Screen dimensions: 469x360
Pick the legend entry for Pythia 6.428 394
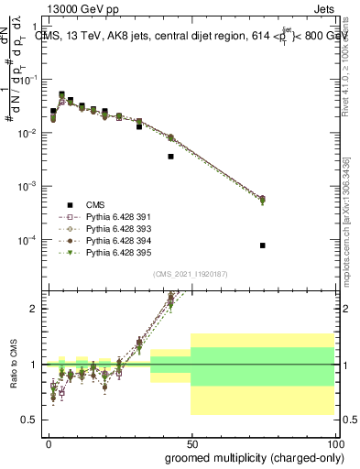(115, 240)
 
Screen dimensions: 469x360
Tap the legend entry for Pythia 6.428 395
(115, 252)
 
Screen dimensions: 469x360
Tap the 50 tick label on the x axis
(191, 442)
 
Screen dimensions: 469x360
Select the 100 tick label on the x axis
(332, 442)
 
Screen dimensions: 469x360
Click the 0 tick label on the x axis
(49, 442)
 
